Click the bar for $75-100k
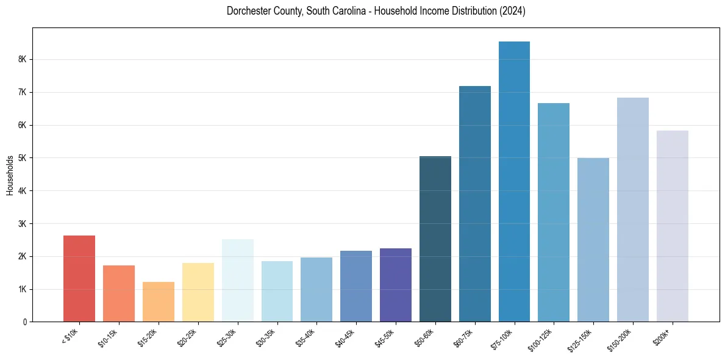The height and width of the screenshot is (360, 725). (514, 182)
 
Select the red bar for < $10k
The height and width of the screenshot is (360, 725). (79, 279)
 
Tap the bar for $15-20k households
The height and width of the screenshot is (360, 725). (159, 301)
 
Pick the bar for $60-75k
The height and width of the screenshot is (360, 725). (474, 204)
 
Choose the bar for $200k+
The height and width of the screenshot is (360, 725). (672, 226)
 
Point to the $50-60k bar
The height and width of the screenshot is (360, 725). (435, 239)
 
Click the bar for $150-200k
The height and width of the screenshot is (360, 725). (632, 210)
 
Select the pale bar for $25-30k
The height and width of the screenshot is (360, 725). (237, 281)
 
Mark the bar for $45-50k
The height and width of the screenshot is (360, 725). (396, 285)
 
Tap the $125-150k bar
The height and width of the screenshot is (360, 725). (593, 240)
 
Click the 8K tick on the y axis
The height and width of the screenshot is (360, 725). (22, 59)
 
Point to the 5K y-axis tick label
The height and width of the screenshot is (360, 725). (22, 158)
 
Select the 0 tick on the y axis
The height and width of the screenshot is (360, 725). (24, 322)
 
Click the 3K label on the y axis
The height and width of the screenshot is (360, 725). (22, 223)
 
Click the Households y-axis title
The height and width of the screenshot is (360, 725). (10, 175)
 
